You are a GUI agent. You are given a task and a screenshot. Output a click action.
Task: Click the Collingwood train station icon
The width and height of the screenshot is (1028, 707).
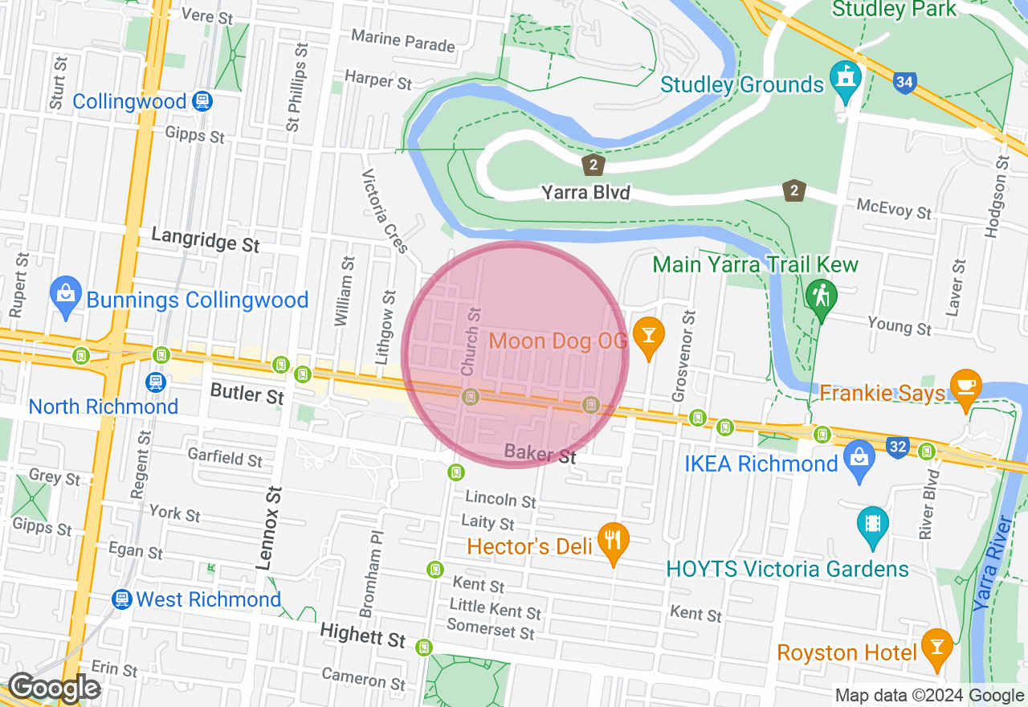coord(201,101)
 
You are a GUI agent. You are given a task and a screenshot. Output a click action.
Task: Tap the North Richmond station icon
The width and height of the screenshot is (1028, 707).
coord(156,382)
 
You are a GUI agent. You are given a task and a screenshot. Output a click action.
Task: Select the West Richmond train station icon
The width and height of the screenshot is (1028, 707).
coord(122,599)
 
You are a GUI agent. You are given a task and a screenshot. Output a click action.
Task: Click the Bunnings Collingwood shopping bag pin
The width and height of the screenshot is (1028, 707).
coord(65,296)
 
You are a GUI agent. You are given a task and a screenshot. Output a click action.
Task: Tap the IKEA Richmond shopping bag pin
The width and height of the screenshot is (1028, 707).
coord(859,460)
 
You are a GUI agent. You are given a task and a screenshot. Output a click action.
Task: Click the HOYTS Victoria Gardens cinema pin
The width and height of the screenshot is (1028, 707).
coord(873,524)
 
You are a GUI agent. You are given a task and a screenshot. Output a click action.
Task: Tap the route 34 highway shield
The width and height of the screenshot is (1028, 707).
coord(904,81)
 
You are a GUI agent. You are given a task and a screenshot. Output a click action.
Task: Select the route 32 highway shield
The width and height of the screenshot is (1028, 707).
coord(898,446)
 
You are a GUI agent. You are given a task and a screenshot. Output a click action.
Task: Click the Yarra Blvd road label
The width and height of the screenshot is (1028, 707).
coord(585,193)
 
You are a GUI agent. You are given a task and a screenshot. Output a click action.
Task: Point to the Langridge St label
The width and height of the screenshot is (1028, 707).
coord(206,239)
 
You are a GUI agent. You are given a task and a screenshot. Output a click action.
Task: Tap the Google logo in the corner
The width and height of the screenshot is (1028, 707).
coord(54,688)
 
